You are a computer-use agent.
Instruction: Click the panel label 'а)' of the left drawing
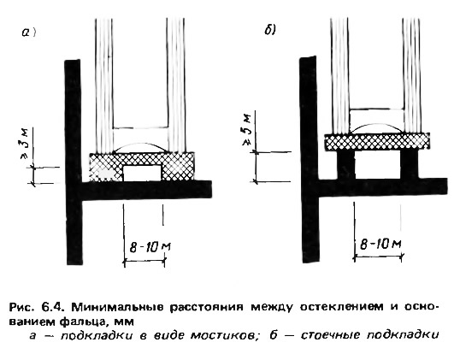[28, 32]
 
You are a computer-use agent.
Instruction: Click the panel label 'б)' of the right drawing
[270, 30]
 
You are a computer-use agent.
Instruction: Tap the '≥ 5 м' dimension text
[248, 128]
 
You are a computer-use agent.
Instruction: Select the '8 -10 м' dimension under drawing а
[150, 247]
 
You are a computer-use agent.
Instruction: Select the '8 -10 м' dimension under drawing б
[380, 244]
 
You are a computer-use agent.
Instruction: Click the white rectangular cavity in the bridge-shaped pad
[142, 173]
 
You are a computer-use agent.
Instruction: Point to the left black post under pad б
[345, 164]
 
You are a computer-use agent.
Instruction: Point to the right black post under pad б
[410, 164]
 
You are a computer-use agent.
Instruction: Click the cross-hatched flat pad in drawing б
[377, 142]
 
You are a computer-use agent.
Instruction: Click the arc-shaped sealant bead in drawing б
[377, 128]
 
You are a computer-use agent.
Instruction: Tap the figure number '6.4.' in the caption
[53, 307]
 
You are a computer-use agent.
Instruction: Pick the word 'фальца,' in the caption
[86, 322]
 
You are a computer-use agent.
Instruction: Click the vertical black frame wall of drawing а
[74, 162]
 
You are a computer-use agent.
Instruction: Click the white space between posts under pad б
[377, 164]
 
